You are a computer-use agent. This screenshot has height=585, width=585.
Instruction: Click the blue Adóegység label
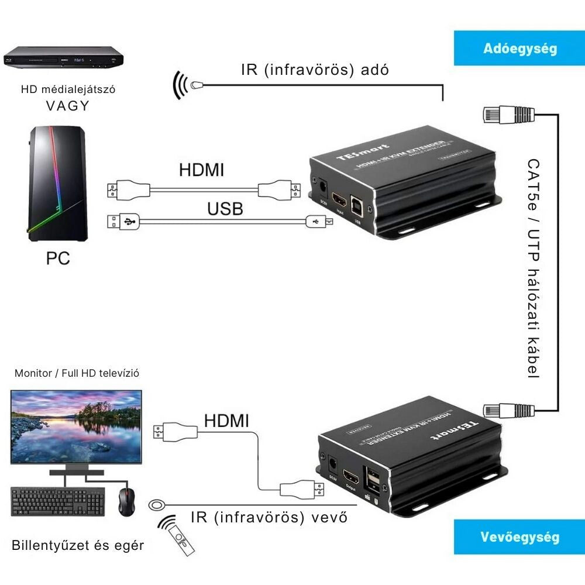[519, 48]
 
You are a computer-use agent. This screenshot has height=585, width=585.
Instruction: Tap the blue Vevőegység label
[519, 537]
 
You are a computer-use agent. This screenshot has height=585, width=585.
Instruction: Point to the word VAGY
[68, 106]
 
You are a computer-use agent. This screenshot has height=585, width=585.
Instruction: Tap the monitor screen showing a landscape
[77, 426]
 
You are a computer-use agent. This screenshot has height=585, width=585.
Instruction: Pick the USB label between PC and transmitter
[225, 208]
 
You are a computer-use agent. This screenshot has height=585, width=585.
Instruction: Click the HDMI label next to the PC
[201, 170]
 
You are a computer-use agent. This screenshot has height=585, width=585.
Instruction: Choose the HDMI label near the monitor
[226, 420]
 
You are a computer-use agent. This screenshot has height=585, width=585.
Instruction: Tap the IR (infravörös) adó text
[315, 70]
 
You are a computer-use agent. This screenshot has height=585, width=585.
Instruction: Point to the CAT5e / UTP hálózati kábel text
[534, 269]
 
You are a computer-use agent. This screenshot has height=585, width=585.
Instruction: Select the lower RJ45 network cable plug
[507, 410]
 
